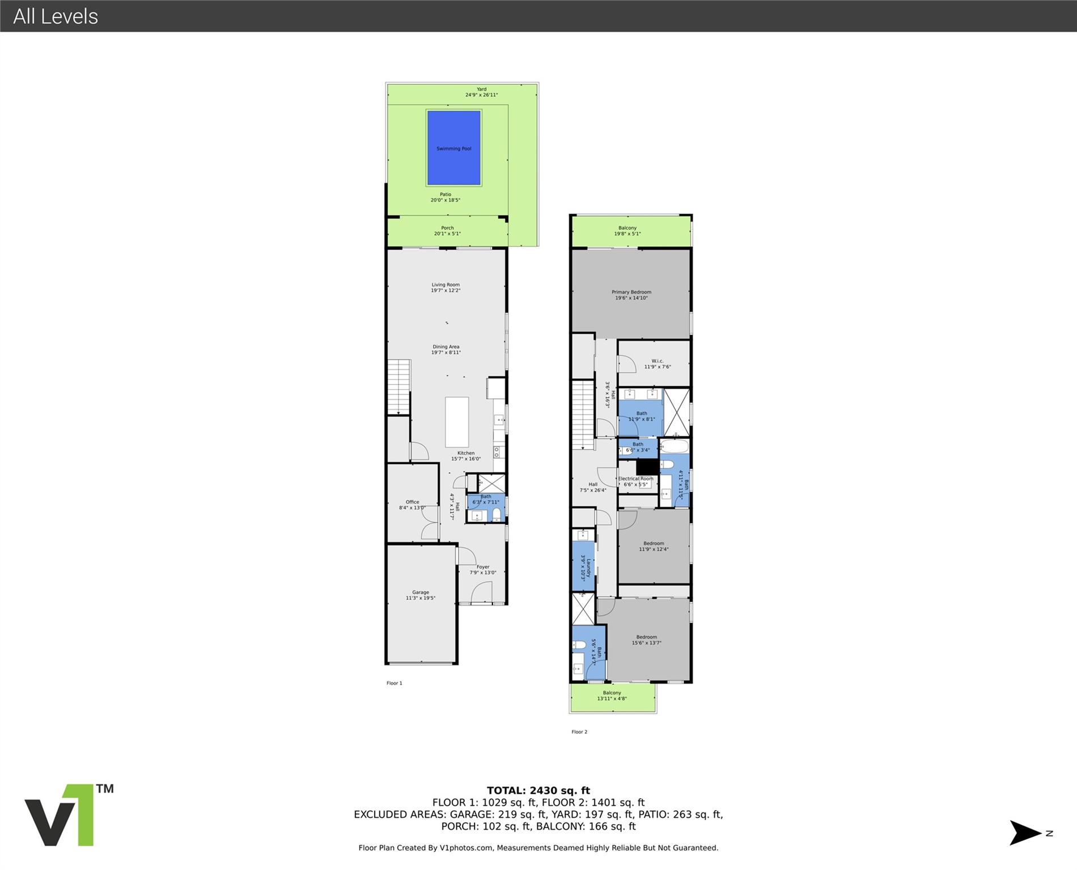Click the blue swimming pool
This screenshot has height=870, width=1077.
[453, 148]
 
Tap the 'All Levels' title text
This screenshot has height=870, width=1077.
[56, 16]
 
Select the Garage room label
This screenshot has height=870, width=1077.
[421, 595]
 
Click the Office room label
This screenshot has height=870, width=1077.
[412, 505]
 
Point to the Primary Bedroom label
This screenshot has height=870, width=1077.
[631, 295]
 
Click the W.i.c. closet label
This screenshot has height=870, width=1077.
[658, 364]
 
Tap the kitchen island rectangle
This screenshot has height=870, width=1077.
[457, 422]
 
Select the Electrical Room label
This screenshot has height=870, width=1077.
[635, 481]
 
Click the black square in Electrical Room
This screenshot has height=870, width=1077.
[647, 467]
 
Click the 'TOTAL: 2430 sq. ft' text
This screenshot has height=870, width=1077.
[538, 791]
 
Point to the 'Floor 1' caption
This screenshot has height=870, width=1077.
[394, 683]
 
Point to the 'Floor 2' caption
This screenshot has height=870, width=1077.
[579, 732]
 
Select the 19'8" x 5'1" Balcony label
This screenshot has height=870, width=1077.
[627, 231]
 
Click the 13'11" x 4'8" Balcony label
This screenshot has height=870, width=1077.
[612, 696]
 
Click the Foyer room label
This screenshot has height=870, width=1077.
[482, 569]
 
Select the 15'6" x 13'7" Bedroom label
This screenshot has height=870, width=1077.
[646, 639]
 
